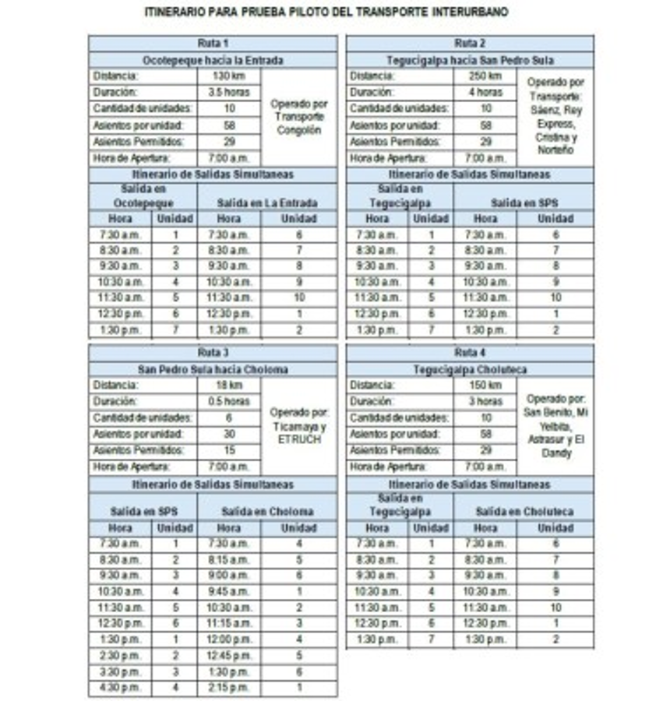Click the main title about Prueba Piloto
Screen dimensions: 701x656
(327, 13)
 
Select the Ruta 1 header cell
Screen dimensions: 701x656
(213, 44)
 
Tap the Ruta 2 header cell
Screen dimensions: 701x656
(470, 44)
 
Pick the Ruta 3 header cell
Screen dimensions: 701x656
(213, 352)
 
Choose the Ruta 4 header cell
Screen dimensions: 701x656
(470, 352)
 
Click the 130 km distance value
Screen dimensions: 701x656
(229, 76)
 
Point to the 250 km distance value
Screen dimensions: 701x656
(485, 76)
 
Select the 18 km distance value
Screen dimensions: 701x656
(229, 385)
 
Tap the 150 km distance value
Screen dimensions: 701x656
(485, 385)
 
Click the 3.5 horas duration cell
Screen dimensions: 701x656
(229, 93)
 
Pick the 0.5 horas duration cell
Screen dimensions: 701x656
(229, 401)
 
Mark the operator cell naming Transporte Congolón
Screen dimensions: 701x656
(299, 117)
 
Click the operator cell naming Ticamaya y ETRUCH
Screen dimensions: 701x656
(299, 425)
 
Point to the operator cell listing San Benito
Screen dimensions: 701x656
(555, 425)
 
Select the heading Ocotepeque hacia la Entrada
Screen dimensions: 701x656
(213, 60)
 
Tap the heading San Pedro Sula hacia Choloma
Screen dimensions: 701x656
(213, 368)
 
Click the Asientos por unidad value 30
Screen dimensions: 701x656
(229, 434)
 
